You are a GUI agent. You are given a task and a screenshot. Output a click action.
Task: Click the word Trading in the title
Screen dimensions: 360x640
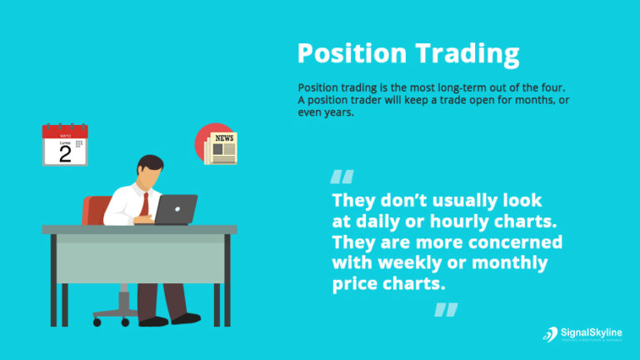[469, 55]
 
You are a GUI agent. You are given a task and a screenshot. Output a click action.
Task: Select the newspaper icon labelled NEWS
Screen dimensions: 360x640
[222, 147]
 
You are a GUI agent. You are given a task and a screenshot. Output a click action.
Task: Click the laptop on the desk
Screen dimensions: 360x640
[176, 209]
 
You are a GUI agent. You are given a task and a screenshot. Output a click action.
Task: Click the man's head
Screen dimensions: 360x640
[149, 170]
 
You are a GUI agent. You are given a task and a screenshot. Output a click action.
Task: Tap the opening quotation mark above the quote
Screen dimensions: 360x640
[342, 177]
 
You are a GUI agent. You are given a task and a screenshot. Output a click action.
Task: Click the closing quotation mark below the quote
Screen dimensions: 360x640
[446, 310]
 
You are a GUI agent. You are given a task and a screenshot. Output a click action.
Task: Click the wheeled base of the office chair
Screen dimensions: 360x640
[119, 316]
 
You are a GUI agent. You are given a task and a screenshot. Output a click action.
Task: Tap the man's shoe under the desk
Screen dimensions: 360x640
[185, 317]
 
